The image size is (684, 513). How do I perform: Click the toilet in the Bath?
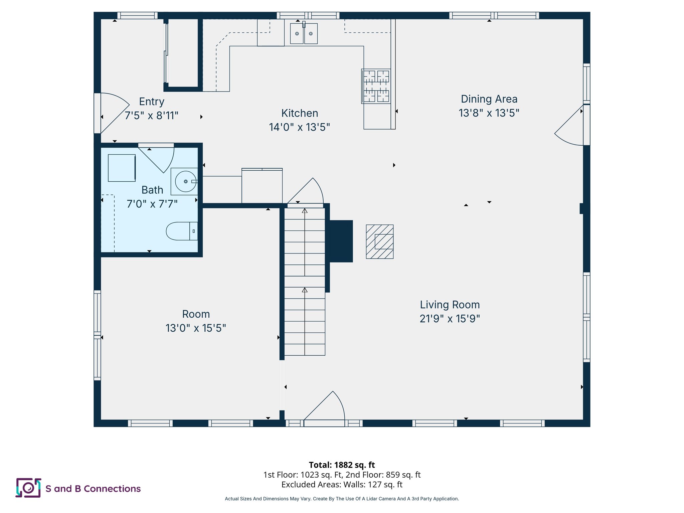click(x=181, y=231)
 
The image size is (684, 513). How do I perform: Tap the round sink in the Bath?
click(x=185, y=181)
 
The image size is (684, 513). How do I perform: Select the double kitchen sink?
click(x=304, y=33)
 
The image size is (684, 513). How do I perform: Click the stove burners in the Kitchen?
click(x=376, y=86)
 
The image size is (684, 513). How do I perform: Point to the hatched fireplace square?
click(x=379, y=241)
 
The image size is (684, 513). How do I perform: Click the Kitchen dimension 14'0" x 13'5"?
click(x=299, y=127)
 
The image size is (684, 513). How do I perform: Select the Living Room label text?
click(x=450, y=305)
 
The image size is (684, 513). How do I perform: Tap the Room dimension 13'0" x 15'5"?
click(x=196, y=328)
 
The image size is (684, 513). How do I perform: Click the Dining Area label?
click(x=489, y=99)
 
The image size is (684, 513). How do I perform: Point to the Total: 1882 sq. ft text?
click(x=342, y=465)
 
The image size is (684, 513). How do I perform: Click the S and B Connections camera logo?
click(x=28, y=488)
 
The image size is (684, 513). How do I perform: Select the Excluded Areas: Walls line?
click(x=342, y=484)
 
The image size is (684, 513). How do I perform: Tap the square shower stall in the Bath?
click(x=122, y=168)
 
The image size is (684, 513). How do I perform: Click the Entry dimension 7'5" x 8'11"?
click(x=151, y=116)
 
